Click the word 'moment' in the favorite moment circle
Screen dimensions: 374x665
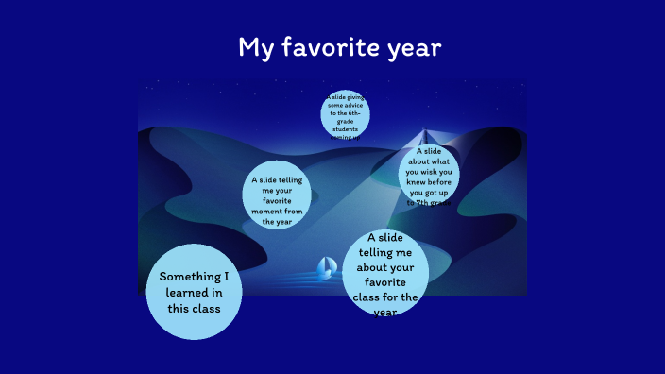point(269,212)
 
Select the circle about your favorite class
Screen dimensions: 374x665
point(384,274)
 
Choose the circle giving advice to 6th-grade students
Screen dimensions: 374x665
point(345,115)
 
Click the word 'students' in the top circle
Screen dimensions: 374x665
point(345,128)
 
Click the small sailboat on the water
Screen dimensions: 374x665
point(327,267)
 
